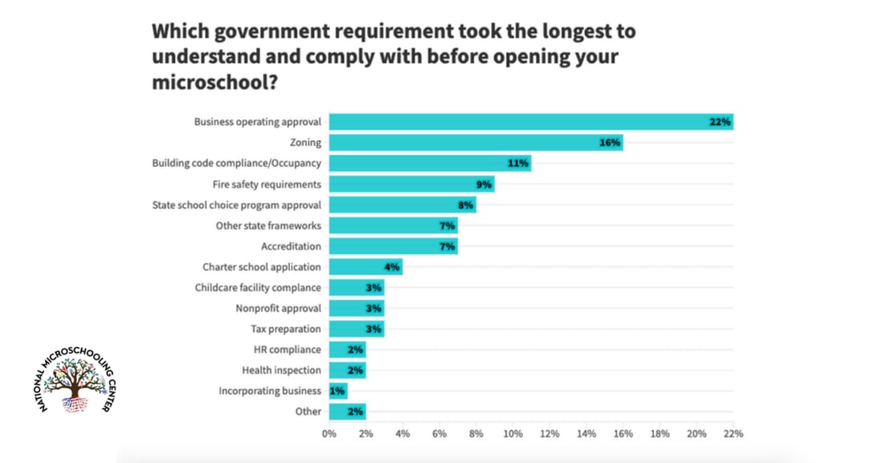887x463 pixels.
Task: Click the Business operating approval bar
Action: pos(531,122)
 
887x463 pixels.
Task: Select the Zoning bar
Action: pos(476,142)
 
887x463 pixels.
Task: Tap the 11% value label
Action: pos(517,163)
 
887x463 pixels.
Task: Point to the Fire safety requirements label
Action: pos(267,184)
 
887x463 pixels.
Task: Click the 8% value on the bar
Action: pos(465,205)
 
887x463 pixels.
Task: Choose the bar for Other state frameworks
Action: pos(393,225)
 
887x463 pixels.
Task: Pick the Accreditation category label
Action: pos(291,246)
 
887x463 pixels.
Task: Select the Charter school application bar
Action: pos(366,266)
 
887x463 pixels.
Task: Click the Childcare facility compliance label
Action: pos(258,287)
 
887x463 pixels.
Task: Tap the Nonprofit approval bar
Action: pos(357,308)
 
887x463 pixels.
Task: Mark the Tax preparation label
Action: pos(286,329)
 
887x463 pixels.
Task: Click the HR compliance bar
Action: pos(347,350)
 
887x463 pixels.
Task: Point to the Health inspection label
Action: pos(281,371)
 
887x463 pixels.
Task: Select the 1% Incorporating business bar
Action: pos(338,391)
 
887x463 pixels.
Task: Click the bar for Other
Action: pos(347,412)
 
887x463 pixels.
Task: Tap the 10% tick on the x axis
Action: pos(513,433)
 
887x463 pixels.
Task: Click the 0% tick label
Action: pos(329,433)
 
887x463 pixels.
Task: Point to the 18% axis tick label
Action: pos(660,433)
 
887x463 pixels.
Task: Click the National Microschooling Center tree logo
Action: pos(76,380)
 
